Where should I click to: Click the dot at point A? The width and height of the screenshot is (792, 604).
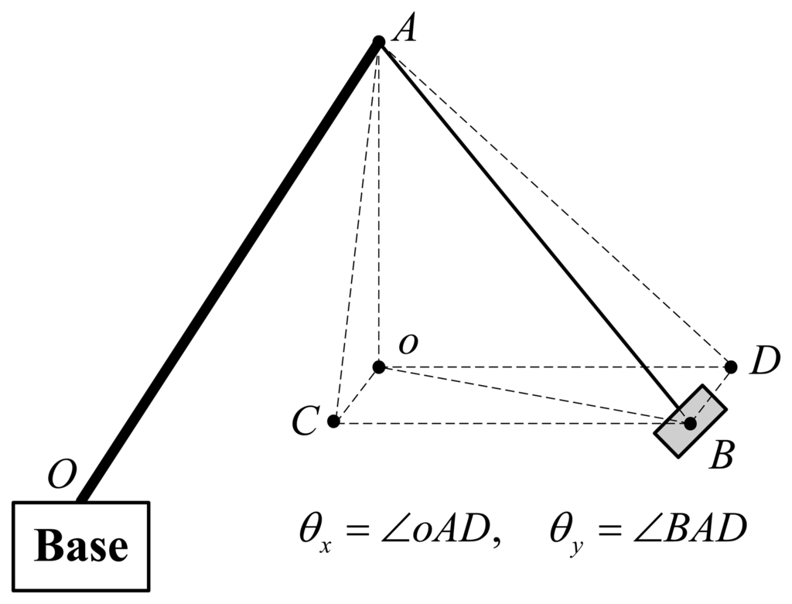[x=379, y=41]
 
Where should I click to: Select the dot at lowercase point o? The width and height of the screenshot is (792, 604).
[x=379, y=367]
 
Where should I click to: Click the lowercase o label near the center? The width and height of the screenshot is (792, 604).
[x=408, y=345]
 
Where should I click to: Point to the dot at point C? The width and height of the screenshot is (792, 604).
[x=333, y=421]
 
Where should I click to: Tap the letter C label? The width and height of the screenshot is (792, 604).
[x=305, y=422]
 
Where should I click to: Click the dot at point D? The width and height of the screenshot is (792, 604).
[x=731, y=367]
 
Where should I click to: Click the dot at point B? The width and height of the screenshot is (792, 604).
[x=690, y=423]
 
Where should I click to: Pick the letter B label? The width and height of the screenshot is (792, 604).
[x=722, y=456]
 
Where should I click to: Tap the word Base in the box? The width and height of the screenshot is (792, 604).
[x=81, y=546]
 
